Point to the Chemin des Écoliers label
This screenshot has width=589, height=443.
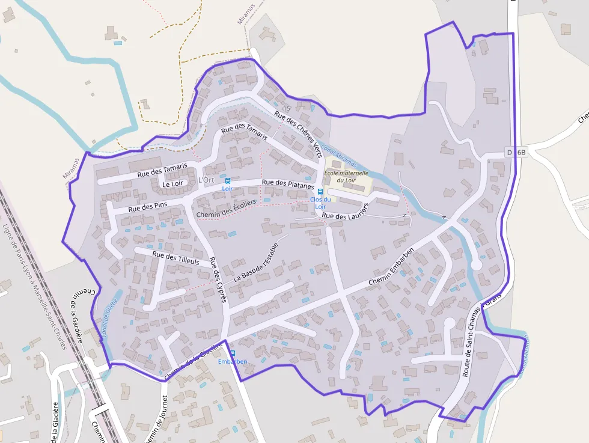pyautogui.click(x=226, y=207)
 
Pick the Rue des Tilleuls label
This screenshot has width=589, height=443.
pyautogui.click(x=175, y=258)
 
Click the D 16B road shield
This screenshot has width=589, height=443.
pyautogui.click(x=516, y=153)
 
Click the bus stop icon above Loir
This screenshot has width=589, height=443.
pyautogui.click(x=227, y=180)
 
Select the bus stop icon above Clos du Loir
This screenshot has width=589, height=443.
pyautogui.click(x=320, y=192)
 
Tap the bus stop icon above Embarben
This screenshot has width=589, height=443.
pyautogui.click(x=233, y=353)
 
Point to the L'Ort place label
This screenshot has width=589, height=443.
pyautogui.click(x=206, y=180)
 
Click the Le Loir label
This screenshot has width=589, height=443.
pyautogui.click(x=172, y=185)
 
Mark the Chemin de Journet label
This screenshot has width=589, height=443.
pyautogui.click(x=156, y=418)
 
